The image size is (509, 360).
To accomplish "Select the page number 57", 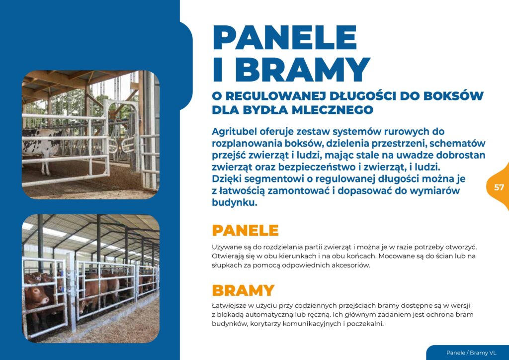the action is click(x=499, y=187).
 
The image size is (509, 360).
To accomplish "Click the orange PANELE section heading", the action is click(x=245, y=230).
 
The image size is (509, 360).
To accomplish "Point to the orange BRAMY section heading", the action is click(x=243, y=290).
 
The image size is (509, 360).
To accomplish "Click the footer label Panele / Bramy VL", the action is click(x=471, y=353).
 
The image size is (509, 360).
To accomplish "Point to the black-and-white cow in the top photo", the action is click(x=42, y=145).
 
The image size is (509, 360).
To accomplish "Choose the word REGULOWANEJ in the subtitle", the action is click(x=276, y=96).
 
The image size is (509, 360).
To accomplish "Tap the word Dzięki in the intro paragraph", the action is click(x=226, y=179).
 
